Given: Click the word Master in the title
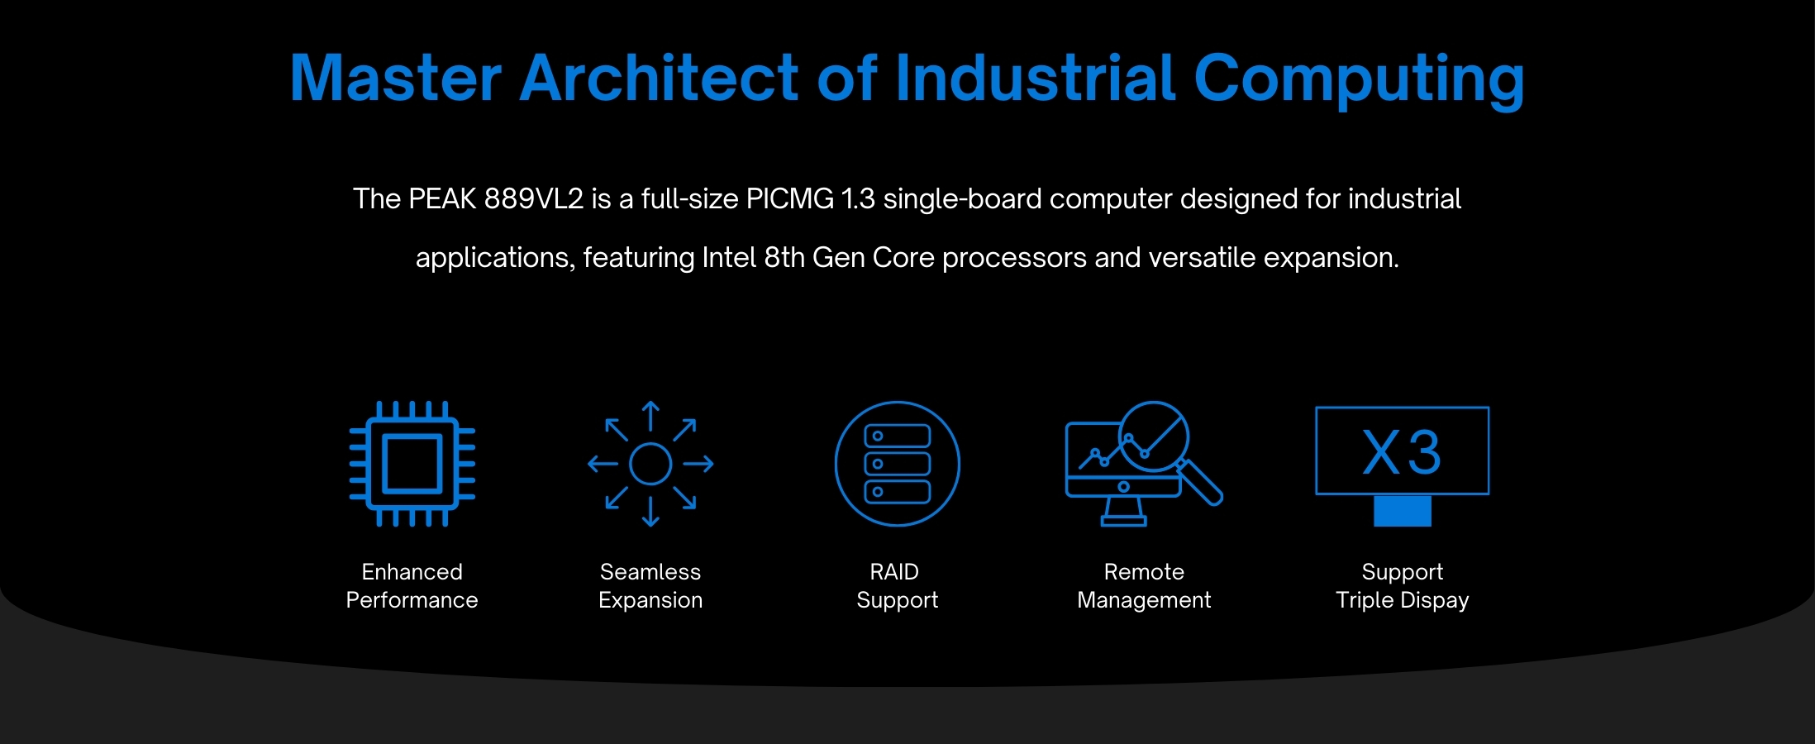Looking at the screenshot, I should [395, 79].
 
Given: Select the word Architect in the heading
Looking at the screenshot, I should [658, 79].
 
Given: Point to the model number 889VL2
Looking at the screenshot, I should [533, 199].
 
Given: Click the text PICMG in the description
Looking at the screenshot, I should [789, 199].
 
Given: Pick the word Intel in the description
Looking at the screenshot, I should [729, 258].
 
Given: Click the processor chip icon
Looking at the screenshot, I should [412, 464].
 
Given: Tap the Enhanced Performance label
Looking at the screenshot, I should [412, 585].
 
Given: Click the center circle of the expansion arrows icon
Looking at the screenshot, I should [650, 464].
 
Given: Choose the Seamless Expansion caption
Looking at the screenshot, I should [650, 585].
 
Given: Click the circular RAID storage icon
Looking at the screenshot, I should [897, 464].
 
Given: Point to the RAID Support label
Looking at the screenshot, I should [897, 585].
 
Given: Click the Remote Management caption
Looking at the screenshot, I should [1144, 585].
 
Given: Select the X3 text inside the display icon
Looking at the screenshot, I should [1402, 452].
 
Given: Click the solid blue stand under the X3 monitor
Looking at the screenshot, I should [1402, 511].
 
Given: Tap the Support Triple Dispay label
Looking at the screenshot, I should [1402, 585].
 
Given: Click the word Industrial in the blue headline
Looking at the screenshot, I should [1035, 79].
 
